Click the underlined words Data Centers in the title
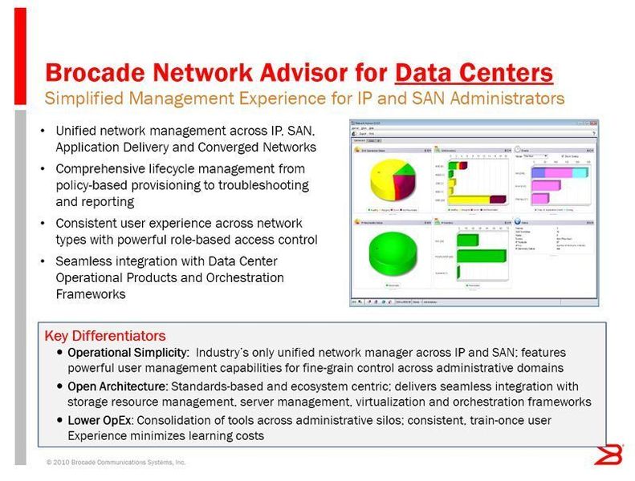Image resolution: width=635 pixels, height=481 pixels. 474,73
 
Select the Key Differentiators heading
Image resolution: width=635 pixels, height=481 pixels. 104,336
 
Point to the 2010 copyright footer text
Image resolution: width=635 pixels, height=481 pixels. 116,463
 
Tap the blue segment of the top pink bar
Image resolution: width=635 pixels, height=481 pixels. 544,172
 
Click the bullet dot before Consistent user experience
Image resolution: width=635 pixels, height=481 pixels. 43,224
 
